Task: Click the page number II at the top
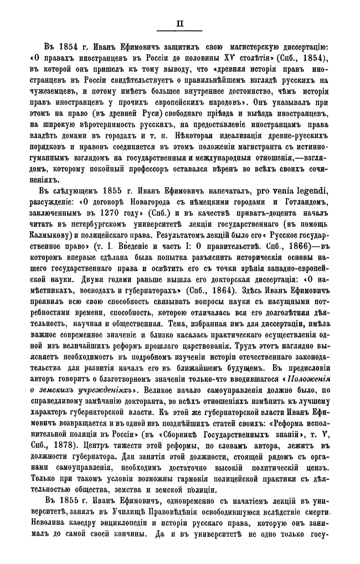(179, 24)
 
